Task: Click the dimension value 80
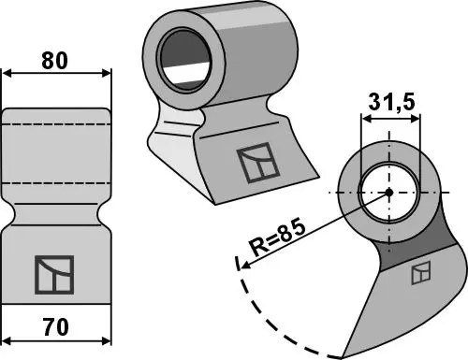pyautogui.click(x=57, y=60)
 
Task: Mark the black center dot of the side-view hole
pyautogui.click(x=388, y=193)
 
